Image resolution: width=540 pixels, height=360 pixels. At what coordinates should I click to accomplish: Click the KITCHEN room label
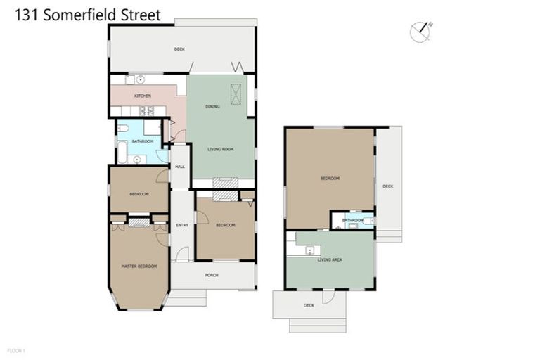pos(143,96)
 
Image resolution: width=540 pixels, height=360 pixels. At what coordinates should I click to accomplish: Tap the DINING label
pos(212,107)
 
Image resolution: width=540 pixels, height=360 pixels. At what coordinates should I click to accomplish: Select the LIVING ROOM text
pos(220,149)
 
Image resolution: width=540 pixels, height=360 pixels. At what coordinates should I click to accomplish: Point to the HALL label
pos(180,167)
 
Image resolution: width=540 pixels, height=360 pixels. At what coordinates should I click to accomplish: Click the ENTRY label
pos(182,225)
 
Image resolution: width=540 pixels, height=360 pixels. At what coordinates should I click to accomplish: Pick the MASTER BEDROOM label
pos(139,266)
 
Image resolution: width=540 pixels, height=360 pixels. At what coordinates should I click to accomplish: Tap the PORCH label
pos(212,275)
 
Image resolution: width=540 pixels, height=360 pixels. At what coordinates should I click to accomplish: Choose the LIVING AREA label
pos(329,260)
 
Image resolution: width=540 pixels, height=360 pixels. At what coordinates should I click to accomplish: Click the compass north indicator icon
pos(420,31)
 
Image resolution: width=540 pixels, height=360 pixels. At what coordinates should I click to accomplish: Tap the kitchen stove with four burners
pos(148,110)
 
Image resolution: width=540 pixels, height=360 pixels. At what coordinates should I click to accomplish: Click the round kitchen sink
pos(140,79)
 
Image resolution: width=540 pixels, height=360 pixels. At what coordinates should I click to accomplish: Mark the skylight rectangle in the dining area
pos(234,92)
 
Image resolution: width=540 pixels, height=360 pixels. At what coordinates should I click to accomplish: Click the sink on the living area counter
pos(309,250)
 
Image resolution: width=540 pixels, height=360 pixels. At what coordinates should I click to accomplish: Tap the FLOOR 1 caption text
pos(15,349)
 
